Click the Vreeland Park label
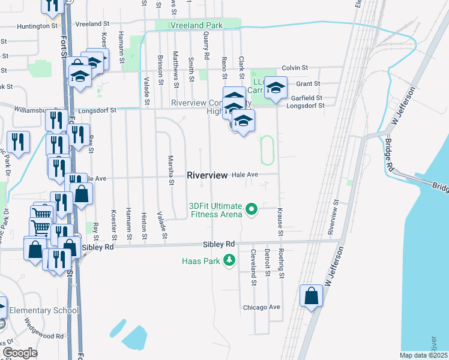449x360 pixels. click(x=196, y=25)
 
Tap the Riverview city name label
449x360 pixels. click(x=207, y=175)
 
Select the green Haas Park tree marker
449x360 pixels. click(x=228, y=260)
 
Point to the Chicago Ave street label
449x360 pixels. click(x=262, y=307)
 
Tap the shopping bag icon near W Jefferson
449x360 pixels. click(x=311, y=296)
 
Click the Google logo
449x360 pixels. click(x=20, y=353)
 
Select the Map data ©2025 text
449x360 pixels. click(x=424, y=355)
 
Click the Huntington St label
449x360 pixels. click(x=37, y=26)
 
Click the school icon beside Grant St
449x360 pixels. click(x=276, y=88)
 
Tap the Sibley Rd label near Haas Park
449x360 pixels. click(x=218, y=245)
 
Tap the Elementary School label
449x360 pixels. click(x=44, y=310)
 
